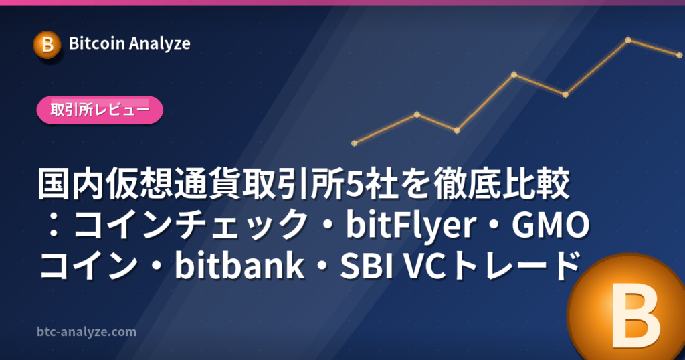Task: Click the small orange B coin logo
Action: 47,45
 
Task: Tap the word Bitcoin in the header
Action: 97,43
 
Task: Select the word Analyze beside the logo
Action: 160,44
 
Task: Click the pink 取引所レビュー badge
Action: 100,110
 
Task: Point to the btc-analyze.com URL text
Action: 86,332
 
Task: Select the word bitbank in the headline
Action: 239,265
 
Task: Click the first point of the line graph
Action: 355,143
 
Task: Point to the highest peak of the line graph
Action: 628,40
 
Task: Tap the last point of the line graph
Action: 680,55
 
